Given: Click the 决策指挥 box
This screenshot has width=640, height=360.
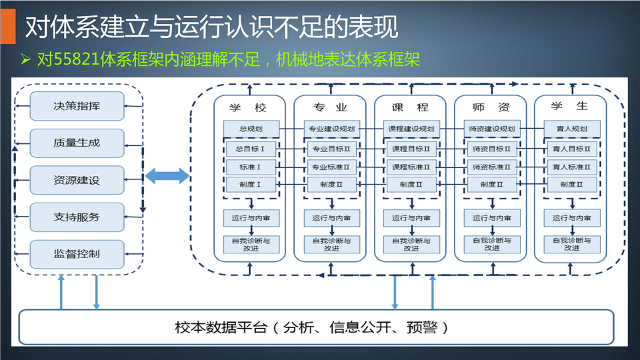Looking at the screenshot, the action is coord(77,106).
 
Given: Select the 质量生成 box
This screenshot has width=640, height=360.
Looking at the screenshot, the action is coord(77,143).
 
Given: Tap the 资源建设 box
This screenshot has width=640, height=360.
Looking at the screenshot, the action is coord(77,180).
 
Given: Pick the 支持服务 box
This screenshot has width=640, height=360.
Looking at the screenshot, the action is coord(77,217).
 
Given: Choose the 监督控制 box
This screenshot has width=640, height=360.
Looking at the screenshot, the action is coord(77,254).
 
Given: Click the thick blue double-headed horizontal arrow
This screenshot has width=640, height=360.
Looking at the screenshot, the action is coord(167,176).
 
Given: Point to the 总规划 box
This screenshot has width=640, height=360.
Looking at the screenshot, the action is coord(251,129).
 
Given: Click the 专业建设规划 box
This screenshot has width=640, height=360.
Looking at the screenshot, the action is coord(331,129).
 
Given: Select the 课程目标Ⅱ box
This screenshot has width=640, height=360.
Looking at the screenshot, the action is coord(411,149).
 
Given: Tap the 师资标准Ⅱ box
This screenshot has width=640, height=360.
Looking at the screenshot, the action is coord(491,167).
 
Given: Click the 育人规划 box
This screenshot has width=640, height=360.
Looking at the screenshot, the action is coord(572,129).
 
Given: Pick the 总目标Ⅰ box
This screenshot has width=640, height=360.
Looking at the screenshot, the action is coord(250,149).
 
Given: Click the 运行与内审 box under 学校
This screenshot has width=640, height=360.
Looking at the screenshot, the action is coord(251,218).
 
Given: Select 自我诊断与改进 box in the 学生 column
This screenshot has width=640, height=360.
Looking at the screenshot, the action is coord(572,244).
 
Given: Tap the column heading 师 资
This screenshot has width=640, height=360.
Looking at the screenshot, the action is coord(491,107).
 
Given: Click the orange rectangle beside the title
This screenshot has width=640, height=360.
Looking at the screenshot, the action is coord(8,27).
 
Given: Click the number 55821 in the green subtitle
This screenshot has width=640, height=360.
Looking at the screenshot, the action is coord(76,59).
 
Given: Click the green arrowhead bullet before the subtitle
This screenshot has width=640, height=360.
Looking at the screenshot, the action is coord(26,59).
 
